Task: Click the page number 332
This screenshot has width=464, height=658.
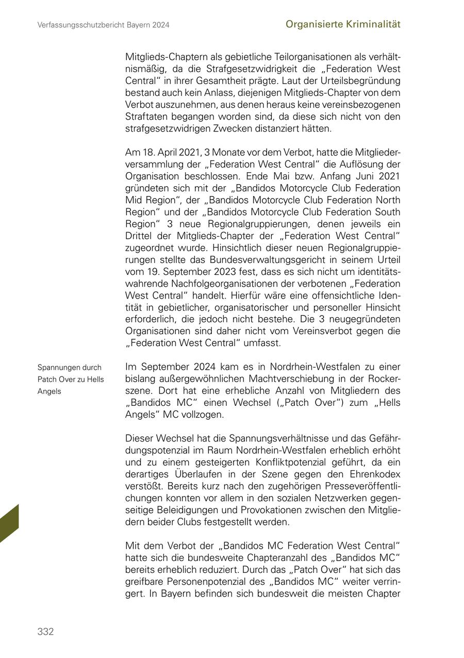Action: coord(45,632)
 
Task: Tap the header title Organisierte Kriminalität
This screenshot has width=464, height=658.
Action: coord(343,24)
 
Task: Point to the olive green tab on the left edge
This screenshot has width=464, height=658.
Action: coord(9,523)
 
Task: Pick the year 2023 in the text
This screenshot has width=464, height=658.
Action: coord(235,272)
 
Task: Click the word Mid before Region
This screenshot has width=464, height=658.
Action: coord(135,200)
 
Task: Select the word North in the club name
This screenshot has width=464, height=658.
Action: coord(387,200)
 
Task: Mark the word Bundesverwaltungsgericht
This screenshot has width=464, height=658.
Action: coord(260,260)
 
